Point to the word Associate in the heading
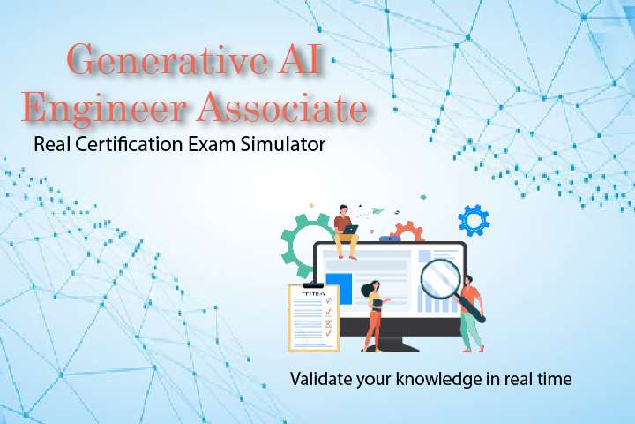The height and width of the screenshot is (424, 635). click(283, 108)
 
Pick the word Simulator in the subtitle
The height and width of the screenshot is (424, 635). click(283, 144)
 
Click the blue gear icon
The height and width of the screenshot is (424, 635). click(474, 218)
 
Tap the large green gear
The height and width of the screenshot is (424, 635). click(300, 236)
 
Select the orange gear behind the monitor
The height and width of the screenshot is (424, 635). click(407, 231)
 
